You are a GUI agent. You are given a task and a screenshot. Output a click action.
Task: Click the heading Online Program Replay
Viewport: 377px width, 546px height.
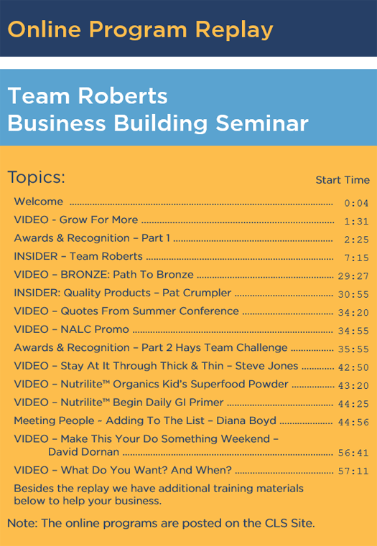click(x=140, y=30)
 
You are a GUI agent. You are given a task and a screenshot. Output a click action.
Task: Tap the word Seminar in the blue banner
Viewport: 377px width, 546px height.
click(x=262, y=123)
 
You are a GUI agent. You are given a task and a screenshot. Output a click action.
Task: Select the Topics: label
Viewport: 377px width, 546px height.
click(x=36, y=177)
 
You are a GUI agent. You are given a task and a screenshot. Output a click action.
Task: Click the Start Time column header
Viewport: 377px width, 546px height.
click(x=343, y=180)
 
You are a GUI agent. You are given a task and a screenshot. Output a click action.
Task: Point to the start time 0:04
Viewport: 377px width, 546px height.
click(x=356, y=203)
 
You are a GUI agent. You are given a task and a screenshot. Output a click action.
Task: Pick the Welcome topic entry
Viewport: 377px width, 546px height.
click(x=39, y=202)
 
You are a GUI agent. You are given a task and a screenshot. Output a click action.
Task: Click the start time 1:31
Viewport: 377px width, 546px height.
click(x=356, y=222)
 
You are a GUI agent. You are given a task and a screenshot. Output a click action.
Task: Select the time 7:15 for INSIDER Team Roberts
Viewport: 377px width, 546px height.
click(x=356, y=258)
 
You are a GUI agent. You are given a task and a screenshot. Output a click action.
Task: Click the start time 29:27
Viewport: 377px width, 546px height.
click(x=353, y=276)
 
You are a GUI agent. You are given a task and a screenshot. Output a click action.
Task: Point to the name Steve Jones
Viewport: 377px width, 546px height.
click(x=266, y=366)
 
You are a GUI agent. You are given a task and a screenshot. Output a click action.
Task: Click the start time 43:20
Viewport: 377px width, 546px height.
click(x=353, y=386)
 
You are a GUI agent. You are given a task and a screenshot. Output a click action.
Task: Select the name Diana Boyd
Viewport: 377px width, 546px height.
click(x=246, y=420)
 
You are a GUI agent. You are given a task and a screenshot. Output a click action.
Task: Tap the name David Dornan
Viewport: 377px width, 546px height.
click(x=83, y=452)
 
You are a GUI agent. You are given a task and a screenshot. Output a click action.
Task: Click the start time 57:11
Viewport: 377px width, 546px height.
click(x=353, y=471)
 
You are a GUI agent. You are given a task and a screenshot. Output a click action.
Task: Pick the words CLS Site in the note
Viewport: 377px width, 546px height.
click(x=290, y=523)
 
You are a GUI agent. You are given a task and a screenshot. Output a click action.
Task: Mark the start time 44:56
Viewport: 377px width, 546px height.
click(x=353, y=423)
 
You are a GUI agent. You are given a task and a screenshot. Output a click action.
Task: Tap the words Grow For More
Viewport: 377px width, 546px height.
click(x=98, y=220)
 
